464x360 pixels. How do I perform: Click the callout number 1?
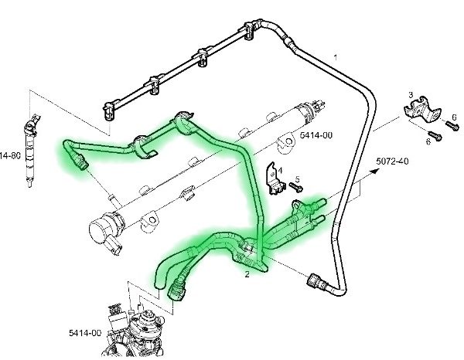click(336, 57)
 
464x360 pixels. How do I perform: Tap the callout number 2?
click(247, 273)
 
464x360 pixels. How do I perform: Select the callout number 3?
click(411, 93)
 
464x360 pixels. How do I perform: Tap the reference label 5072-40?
click(393, 161)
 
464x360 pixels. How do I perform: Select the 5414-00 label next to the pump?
click(84, 333)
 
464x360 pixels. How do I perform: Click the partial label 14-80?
click(9, 155)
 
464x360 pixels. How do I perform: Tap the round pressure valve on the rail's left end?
click(101, 231)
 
